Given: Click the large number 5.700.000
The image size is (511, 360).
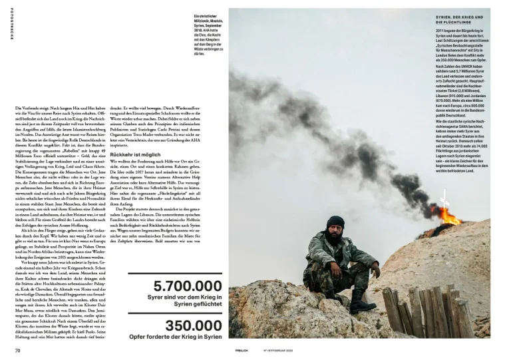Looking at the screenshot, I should click(x=188, y=286).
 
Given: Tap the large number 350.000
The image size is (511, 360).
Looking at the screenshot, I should click(x=193, y=325).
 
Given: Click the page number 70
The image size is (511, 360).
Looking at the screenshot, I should click(x=19, y=350).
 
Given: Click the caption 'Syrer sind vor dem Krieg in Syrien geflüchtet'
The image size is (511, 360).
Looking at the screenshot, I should click(x=184, y=300).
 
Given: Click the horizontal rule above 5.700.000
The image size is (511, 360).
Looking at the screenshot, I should click(x=174, y=273).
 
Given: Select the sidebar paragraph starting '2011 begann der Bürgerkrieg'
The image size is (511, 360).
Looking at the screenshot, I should click(x=461, y=47).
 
